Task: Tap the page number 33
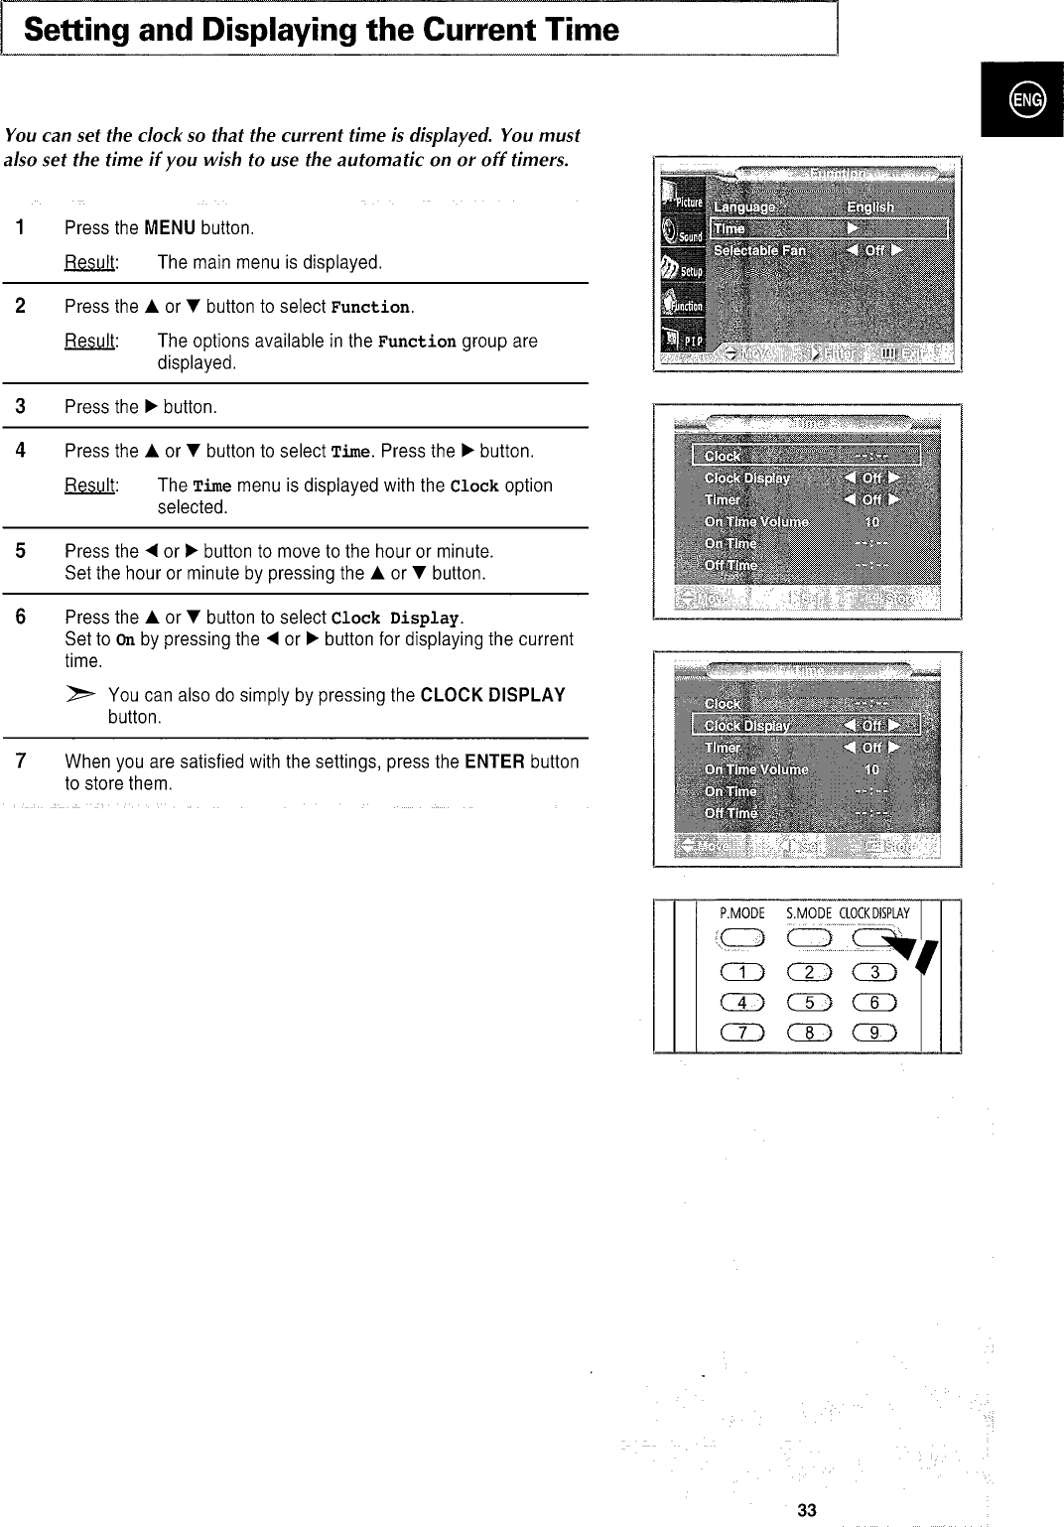807,1510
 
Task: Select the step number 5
21,551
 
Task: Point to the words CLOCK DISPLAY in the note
492,695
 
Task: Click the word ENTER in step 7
494,762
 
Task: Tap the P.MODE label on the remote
741,913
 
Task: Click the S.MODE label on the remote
807,913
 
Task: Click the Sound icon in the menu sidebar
682,234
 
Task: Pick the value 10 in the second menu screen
871,521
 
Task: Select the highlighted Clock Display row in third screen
806,725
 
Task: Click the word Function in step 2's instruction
369,307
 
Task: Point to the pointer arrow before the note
84,693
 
